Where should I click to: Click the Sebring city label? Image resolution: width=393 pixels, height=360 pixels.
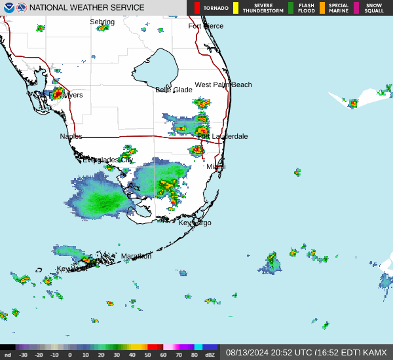(102, 22)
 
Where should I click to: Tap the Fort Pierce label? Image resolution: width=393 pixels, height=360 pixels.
(206, 26)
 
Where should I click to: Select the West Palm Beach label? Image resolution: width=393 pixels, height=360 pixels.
(223, 84)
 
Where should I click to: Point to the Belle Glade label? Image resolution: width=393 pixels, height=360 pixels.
(174, 90)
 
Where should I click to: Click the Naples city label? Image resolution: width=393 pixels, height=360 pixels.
(71, 136)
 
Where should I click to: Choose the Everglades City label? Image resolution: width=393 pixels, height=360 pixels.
(107, 160)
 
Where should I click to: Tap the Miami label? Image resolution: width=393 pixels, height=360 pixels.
(216, 167)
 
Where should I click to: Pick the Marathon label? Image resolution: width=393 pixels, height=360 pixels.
(136, 256)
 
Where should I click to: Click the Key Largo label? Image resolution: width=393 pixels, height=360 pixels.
(195, 223)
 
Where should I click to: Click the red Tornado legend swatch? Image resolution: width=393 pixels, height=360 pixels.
(197, 8)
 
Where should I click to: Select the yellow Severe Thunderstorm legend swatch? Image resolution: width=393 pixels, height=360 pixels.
(236, 8)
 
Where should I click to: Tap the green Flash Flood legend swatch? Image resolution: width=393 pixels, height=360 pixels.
(291, 8)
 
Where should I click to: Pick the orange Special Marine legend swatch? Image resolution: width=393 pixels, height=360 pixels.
(322, 8)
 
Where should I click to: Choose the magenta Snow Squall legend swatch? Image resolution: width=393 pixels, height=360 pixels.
(356, 8)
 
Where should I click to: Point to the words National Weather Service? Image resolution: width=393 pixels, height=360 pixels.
(87, 8)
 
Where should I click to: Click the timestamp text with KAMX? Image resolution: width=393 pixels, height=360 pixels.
(307, 352)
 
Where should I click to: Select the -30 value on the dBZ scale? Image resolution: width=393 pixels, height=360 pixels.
(23, 355)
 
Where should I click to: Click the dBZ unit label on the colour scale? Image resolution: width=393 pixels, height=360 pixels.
(210, 355)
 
